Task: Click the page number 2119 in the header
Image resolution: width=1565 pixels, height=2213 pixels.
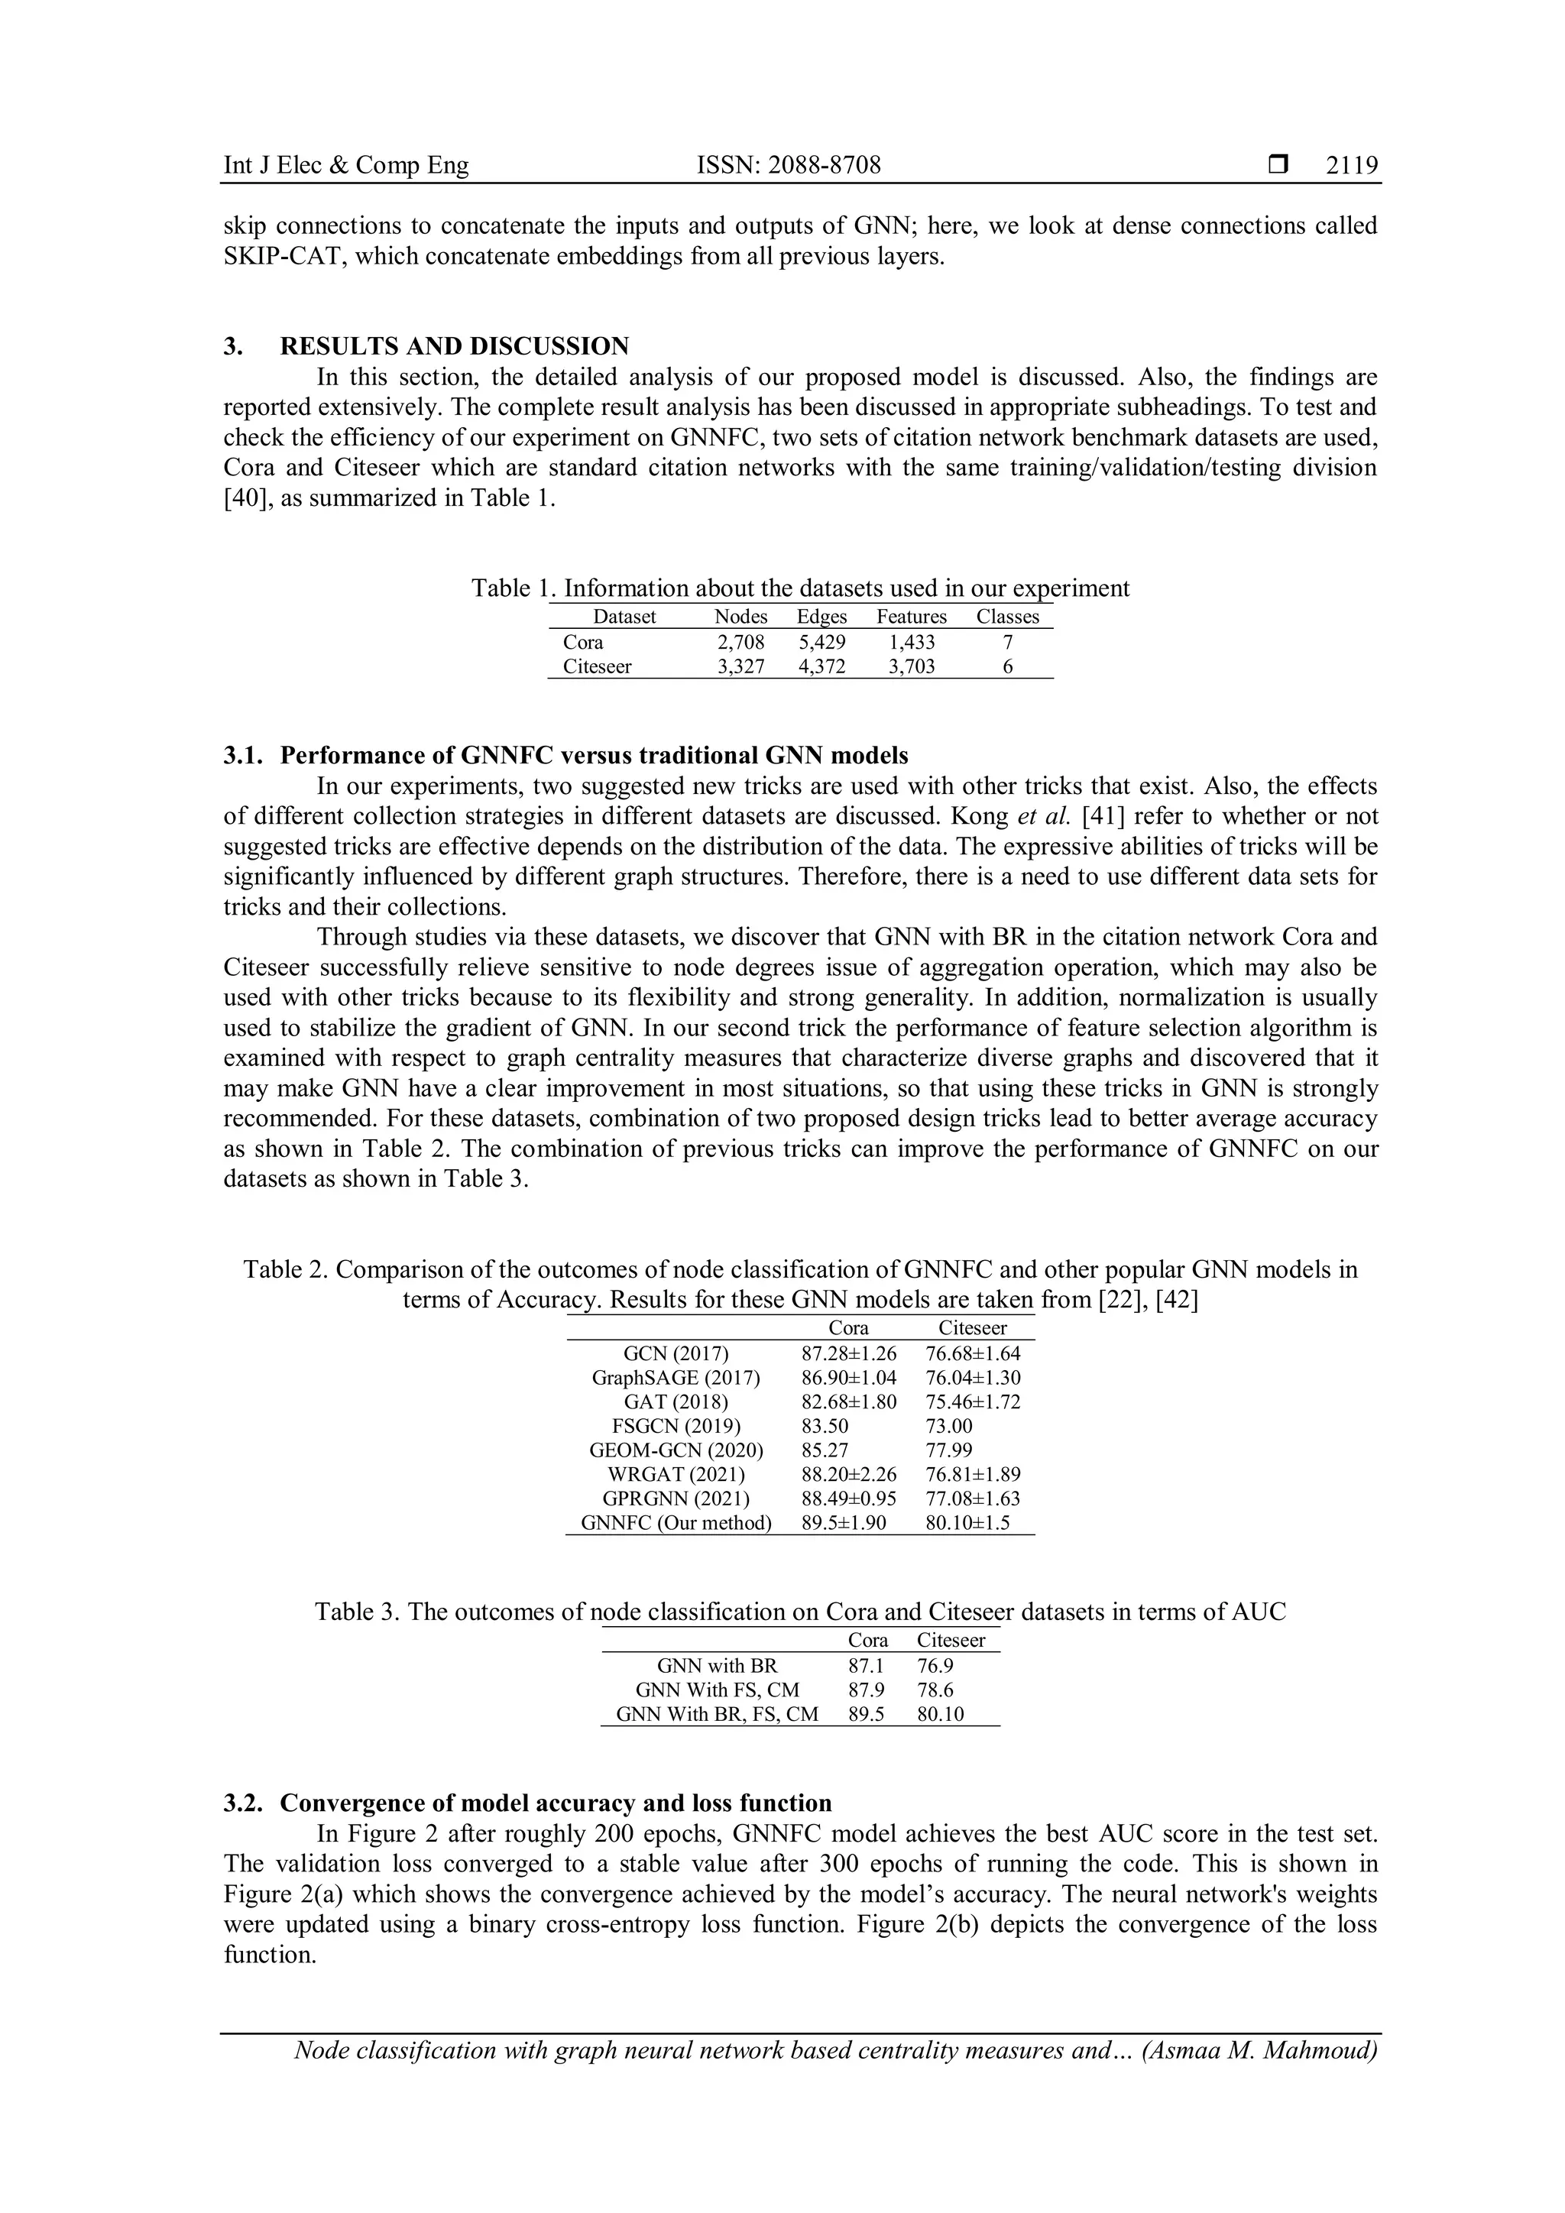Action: click(x=1352, y=166)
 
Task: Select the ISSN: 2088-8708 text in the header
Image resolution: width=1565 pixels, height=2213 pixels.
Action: click(x=789, y=166)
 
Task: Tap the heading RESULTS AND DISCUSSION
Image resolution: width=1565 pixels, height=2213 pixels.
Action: click(x=454, y=346)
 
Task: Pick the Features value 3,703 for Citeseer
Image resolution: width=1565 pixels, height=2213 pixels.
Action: click(x=911, y=666)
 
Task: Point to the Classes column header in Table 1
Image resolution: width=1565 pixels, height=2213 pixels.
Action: click(x=1007, y=617)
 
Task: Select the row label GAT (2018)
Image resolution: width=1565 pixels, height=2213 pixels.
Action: click(x=676, y=1401)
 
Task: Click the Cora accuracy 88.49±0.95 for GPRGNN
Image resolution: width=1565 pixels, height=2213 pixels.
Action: click(x=848, y=1498)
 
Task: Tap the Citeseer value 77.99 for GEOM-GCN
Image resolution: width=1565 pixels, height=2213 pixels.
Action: click(x=948, y=1450)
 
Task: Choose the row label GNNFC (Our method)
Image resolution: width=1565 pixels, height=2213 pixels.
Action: click(x=676, y=1523)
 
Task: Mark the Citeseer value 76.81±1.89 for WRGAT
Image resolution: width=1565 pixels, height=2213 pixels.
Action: click(x=972, y=1474)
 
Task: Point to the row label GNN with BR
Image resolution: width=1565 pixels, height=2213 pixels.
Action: click(x=716, y=1666)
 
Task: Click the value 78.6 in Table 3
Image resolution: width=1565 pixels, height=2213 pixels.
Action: click(x=935, y=1690)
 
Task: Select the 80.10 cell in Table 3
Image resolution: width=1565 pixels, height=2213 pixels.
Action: click(x=940, y=1714)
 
